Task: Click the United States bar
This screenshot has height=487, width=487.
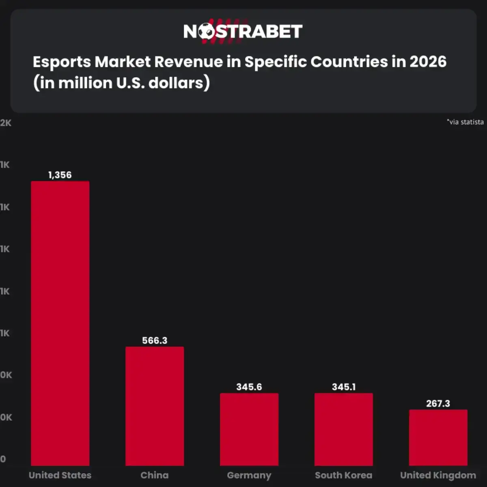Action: (x=60, y=323)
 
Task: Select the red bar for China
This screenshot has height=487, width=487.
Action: (x=155, y=406)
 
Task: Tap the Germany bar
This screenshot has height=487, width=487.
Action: (x=249, y=429)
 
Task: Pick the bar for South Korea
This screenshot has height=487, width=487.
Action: (x=344, y=429)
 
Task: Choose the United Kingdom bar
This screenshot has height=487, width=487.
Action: (x=438, y=437)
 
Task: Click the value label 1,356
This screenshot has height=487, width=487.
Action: (x=60, y=175)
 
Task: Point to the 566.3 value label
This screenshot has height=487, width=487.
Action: (x=155, y=340)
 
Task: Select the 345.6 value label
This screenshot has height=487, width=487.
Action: (x=249, y=387)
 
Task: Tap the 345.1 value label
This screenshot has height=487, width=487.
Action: (x=344, y=387)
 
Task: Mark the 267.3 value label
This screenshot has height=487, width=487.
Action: (x=438, y=403)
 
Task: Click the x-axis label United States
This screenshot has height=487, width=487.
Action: (x=60, y=475)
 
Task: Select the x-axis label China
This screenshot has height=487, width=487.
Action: (x=155, y=475)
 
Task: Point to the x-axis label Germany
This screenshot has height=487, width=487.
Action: (x=249, y=475)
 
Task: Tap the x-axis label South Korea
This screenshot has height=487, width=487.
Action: (x=344, y=475)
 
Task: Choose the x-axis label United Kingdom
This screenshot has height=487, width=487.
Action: (x=438, y=475)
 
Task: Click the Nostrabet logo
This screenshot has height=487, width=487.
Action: (x=243, y=31)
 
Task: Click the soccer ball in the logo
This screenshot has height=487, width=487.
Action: (x=206, y=32)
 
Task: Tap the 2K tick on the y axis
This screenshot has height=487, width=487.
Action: (x=6, y=123)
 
